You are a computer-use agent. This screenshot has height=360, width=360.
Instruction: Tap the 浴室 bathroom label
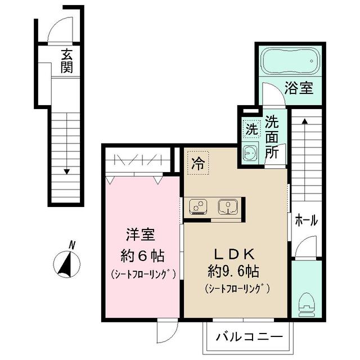(x=298, y=89)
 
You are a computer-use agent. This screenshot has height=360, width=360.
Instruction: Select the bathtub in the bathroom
(x=289, y=61)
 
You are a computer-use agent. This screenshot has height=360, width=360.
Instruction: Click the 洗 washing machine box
(x=251, y=128)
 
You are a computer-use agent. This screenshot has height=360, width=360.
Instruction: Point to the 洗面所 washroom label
(x=273, y=137)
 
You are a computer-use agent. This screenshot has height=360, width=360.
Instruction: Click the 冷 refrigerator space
(x=197, y=163)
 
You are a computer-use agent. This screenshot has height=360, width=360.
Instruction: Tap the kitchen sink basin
(x=228, y=206)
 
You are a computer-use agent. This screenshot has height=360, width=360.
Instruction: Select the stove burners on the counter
(x=199, y=207)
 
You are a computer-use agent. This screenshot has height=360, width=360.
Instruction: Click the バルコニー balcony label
(x=247, y=339)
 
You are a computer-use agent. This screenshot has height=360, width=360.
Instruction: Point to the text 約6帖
(x=143, y=256)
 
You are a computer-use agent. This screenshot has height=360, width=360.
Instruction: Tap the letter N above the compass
(x=72, y=245)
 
